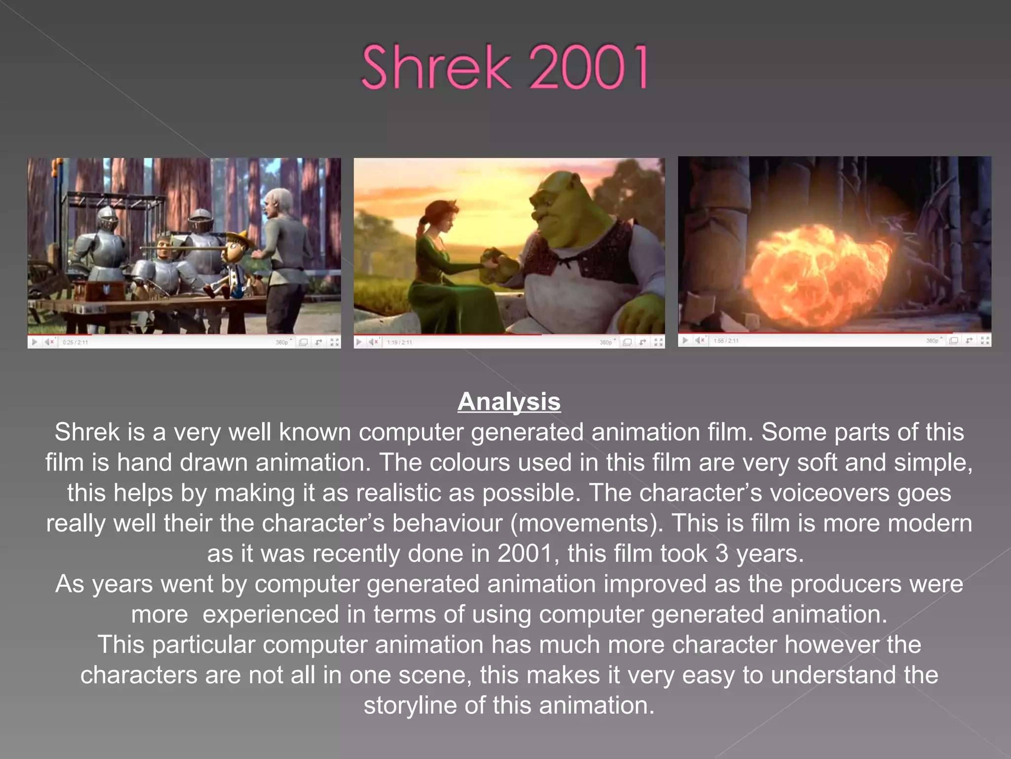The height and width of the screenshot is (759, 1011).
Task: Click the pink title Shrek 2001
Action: pos(505,67)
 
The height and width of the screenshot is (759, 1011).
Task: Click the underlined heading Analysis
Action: pos(509,401)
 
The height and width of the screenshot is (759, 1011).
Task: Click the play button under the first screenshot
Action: pos(35,342)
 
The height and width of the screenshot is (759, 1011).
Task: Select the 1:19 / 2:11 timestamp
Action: pos(399,342)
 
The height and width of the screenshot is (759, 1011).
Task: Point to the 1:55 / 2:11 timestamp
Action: pos(726,340)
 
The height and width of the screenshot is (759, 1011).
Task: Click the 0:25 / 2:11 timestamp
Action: pos(75,342)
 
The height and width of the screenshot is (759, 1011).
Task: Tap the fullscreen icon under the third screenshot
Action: pos(985,340)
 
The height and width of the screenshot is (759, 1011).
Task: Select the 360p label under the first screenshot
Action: pos(282,342)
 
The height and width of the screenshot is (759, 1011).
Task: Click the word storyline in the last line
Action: pos(410,705)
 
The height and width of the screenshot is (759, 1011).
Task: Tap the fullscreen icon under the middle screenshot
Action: pos(659,342)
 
